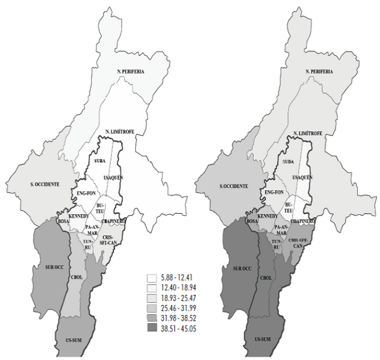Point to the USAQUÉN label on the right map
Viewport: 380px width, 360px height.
point(303,177)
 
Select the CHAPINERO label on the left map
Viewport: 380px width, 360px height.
point(113,222)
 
